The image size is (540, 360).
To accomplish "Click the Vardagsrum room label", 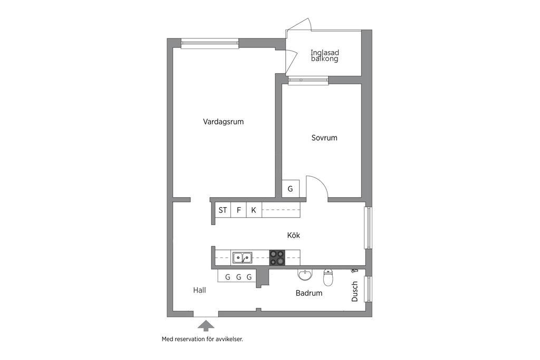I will pos(223,122).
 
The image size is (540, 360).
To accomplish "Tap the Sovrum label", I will pos(324,138).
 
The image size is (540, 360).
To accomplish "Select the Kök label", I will pos(293,236).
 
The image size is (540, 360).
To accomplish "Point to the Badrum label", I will pos(308,294).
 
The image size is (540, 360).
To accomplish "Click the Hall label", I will pos(199,290).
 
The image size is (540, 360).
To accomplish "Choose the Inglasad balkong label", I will pos(324,56).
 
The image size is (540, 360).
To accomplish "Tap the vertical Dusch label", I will pos(355,291).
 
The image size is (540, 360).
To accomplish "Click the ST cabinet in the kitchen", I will pos(223,210).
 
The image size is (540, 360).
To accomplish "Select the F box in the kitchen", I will pos(239,210).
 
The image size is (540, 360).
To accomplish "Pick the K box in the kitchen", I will pos(254,210).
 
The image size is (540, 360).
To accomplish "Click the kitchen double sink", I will pos(242,258).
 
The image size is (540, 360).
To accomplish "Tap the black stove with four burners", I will pos(277,258).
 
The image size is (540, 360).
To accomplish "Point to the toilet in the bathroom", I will pos(328,276).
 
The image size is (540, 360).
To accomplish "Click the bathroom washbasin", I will pos(304,275).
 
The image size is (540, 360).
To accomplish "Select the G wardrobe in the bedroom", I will pos(290,189).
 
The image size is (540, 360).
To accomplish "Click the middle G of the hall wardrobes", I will pos(238,277).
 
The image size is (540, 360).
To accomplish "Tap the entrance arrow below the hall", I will pos(206,325).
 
